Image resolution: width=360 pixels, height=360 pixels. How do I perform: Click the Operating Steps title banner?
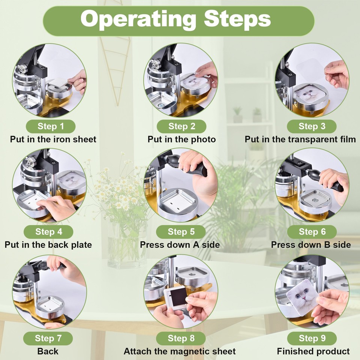[x=178, y=21]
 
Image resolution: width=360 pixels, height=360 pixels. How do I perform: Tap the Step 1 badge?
[x=51, y=126]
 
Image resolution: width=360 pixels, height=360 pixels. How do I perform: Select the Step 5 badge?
[x=181, y=232]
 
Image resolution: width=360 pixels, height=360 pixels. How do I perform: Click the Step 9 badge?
[x=312, y=338]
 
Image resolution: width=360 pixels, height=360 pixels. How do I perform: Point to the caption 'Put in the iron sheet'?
[x=53, y=139]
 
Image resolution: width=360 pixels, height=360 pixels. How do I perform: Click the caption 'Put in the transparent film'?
[x=300, y=139]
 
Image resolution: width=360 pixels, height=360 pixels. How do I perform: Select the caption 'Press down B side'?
[x=311, y=245]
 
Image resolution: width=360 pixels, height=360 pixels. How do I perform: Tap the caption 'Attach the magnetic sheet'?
[x=180, y=351]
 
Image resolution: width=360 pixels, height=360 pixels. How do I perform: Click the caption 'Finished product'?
[x=313, y=351]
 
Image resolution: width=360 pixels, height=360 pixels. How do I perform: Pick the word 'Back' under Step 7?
[x=48, y=351]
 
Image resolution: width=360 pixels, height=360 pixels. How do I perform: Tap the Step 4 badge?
[x=48, y=232]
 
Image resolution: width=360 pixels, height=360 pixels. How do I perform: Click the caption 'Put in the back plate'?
[x=48, y=245]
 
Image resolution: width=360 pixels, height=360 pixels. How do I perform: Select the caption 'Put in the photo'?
[x=181, y=139]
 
